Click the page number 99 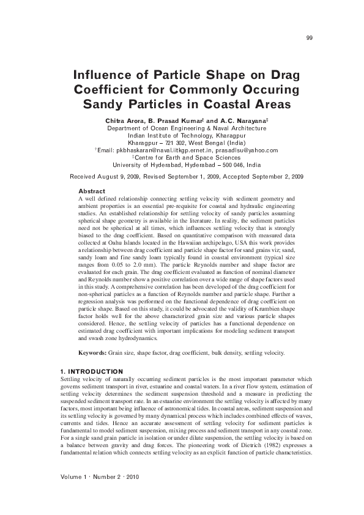tap(310, 38)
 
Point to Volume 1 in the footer tap(78, 476)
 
